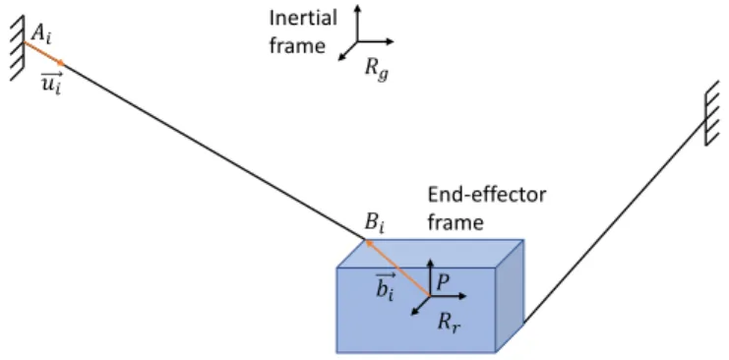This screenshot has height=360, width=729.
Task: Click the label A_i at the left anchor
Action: [41, 33]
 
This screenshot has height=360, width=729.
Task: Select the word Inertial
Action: [303, 18]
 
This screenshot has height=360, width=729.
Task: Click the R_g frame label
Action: [376, 70]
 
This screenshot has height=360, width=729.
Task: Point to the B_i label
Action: [375, 224]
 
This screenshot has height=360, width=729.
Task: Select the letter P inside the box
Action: [443, 282]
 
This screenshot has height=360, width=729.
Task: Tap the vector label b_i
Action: [385, 286]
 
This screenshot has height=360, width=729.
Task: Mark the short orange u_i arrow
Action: [44, 53]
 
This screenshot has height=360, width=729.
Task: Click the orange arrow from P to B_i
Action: [396, 268]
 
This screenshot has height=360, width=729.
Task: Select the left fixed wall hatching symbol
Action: [18, 47]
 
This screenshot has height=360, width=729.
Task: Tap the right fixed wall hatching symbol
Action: [711, 113]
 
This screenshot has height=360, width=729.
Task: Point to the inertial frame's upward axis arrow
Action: [357, 23]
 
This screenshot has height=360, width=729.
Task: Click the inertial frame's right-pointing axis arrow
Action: [375, 41]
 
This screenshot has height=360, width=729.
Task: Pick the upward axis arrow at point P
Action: [430, 276]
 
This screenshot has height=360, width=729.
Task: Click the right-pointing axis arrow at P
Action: [448, 296]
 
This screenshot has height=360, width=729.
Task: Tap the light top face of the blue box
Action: [431, 254]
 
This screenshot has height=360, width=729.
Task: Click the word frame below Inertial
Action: [297, 45]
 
